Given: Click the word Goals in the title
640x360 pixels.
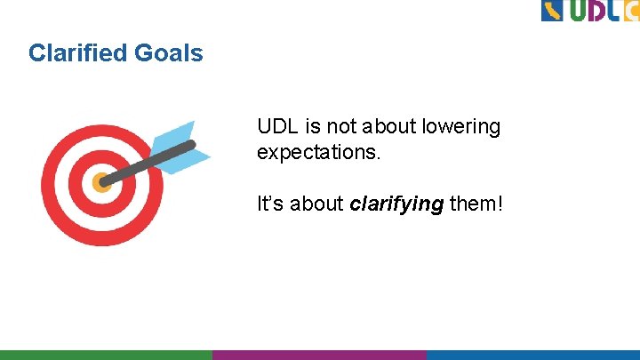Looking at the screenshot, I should pyautogui.click(x=169, y=53).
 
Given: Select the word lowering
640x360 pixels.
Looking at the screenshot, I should pyautogui.click(x=461, y=127).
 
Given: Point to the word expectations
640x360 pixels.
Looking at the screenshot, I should pyautogui.click(x=318, y=153).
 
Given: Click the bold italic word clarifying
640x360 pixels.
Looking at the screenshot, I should pyautogui.click(x=396, y=204).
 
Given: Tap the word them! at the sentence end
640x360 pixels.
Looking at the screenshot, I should pyautogui.click(x=476, y=204).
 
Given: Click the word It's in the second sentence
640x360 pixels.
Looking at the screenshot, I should pyautogui.click(x=270, y=204).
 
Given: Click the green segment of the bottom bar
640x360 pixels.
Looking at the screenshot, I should pyautogui.click(x=106, y=355).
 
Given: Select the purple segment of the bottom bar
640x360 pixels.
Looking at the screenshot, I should pyautogui.click(x=319, y=355).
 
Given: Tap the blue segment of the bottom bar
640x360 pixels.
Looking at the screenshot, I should pyautogui.click(x=532, y=355).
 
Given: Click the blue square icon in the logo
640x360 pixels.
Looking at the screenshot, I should pyautogui.click(x=552, y=11).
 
